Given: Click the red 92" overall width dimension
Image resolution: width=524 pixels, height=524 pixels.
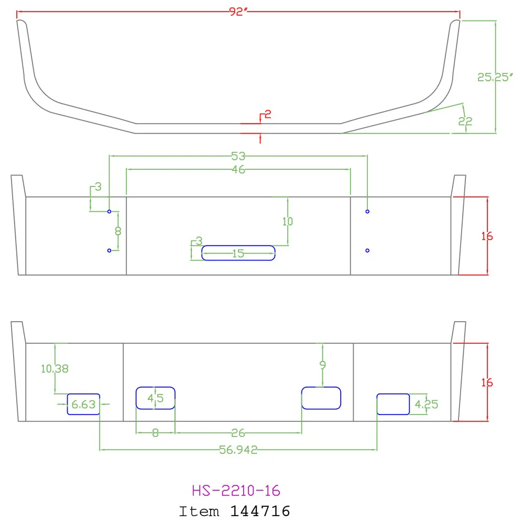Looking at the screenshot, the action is pos(238,12).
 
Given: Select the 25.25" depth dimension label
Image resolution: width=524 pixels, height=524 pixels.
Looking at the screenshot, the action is pos(495,77).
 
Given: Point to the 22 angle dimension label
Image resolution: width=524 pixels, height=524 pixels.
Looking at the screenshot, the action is pos(465,122).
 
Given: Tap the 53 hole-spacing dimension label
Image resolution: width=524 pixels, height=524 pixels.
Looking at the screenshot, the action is pos(238,156).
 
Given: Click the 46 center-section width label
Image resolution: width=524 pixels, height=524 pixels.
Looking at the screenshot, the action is pos(238,169).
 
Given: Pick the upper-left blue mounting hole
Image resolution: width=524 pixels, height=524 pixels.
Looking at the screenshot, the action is pos(110,212).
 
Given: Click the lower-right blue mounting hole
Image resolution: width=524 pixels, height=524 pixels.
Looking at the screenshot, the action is pos(367,250).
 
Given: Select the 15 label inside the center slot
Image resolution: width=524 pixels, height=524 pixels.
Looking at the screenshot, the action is pos(238,254).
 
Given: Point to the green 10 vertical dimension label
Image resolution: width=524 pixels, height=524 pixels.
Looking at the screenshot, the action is pos(287,221).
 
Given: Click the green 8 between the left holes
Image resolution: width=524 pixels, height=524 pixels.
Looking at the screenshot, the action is pos(118,231).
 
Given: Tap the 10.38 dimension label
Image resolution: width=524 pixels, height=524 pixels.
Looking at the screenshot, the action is pos(55,369).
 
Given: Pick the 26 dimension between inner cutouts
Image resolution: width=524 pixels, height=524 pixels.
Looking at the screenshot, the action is pos(238,433).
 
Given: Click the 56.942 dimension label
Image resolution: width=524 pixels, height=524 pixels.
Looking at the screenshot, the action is pos(238,450).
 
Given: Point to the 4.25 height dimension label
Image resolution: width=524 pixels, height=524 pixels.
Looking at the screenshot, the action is pos(427,405).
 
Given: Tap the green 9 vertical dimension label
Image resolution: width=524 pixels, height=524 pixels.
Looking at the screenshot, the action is pos(322,365).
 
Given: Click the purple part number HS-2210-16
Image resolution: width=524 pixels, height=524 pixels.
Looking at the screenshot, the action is pos(236,490).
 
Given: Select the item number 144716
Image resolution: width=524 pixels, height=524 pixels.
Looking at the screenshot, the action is pos(260,511).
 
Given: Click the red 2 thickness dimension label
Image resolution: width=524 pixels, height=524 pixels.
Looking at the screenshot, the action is pos(268,115).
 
